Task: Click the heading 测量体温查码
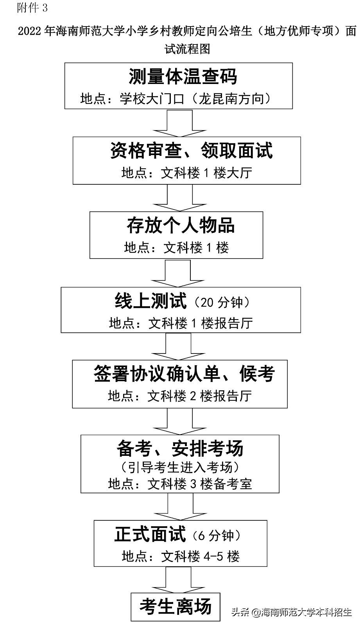tap(183, 77)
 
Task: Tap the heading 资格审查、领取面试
tap(191, 151)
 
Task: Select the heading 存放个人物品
tap(180, 225)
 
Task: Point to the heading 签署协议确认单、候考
tap(184, 374)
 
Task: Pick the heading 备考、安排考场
tap(180, 448)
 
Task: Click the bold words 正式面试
tap(150, 534)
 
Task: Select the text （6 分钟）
tap(216, 536)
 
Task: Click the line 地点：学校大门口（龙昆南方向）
tap(176, 99)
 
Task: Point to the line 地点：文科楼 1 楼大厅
tap(187, 173)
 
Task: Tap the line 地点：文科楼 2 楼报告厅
tap(180, 396)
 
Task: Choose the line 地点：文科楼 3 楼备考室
tap(180, 484)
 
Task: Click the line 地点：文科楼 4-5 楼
tap(180, 556)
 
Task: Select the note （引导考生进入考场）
tap(180, 467)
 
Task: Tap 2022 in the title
tap(30, 32)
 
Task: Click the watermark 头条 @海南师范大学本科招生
tap(291, 612)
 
